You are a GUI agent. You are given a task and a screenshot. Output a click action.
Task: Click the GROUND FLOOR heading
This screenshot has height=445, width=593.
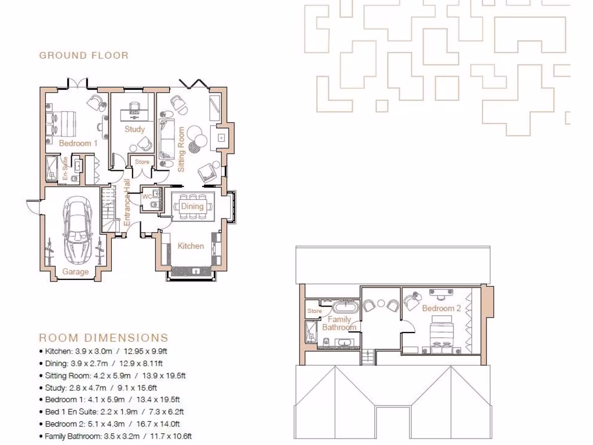(x=84, y=56)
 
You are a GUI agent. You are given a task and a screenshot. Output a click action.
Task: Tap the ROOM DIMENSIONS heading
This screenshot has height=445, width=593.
(x=104, y=338)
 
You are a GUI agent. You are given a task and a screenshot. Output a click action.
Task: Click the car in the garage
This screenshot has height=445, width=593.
(x=76, y=228)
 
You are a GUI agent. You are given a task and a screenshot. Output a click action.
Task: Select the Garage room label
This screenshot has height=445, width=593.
(x=76, y=272)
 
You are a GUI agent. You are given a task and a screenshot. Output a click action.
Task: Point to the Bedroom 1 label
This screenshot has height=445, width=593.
(x=78, y=143)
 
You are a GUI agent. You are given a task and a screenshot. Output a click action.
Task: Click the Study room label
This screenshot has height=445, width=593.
(x=134, y=129)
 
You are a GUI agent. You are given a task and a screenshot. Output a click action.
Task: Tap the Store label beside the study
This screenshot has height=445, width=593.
(x=142, y=162)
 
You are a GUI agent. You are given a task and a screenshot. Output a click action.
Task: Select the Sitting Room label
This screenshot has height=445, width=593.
(x=181, y=149)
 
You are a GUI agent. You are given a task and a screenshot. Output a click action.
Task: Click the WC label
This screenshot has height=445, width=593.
(x=147, y=197)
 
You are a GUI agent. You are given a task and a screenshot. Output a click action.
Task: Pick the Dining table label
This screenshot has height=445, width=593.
(x=192, y=206)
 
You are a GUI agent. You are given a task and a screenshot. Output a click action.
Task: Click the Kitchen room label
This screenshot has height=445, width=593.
(x=191, y=246)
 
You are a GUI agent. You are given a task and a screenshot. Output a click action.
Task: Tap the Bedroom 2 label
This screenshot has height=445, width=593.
(x=441, y=308)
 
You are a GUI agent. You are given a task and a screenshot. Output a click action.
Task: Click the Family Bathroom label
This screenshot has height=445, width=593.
(x=339, y=323)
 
